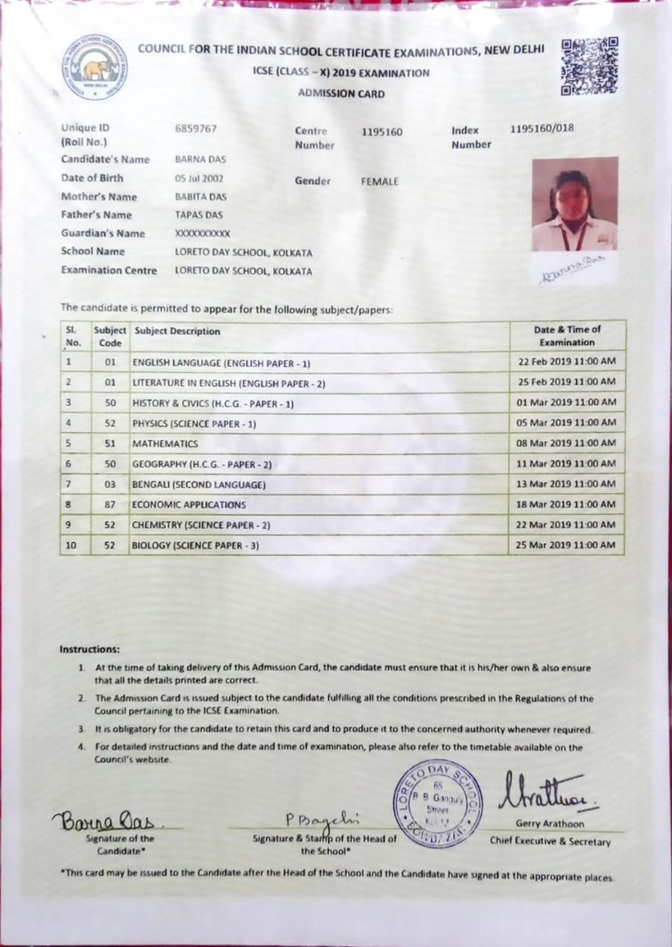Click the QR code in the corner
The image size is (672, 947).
(589, 66)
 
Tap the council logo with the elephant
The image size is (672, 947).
(94, 67)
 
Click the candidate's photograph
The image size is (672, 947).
(574, 203)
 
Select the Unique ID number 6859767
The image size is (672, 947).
(196, 128)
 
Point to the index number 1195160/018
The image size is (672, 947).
(542, 128)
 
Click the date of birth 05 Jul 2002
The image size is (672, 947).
(199, 178)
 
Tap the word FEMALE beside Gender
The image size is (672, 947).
(379, 181)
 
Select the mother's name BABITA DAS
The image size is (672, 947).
(200, 197)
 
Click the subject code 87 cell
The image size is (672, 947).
(110, 505)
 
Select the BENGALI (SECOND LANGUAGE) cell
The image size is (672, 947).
(198, 485)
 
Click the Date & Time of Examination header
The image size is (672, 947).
(567, 336)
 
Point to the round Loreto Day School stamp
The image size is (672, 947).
(437, 803)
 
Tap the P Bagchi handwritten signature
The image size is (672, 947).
(322, 818)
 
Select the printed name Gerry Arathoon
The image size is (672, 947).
(550, 823)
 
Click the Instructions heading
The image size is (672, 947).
(89, 650)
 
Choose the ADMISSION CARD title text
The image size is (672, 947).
(341, 94)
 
